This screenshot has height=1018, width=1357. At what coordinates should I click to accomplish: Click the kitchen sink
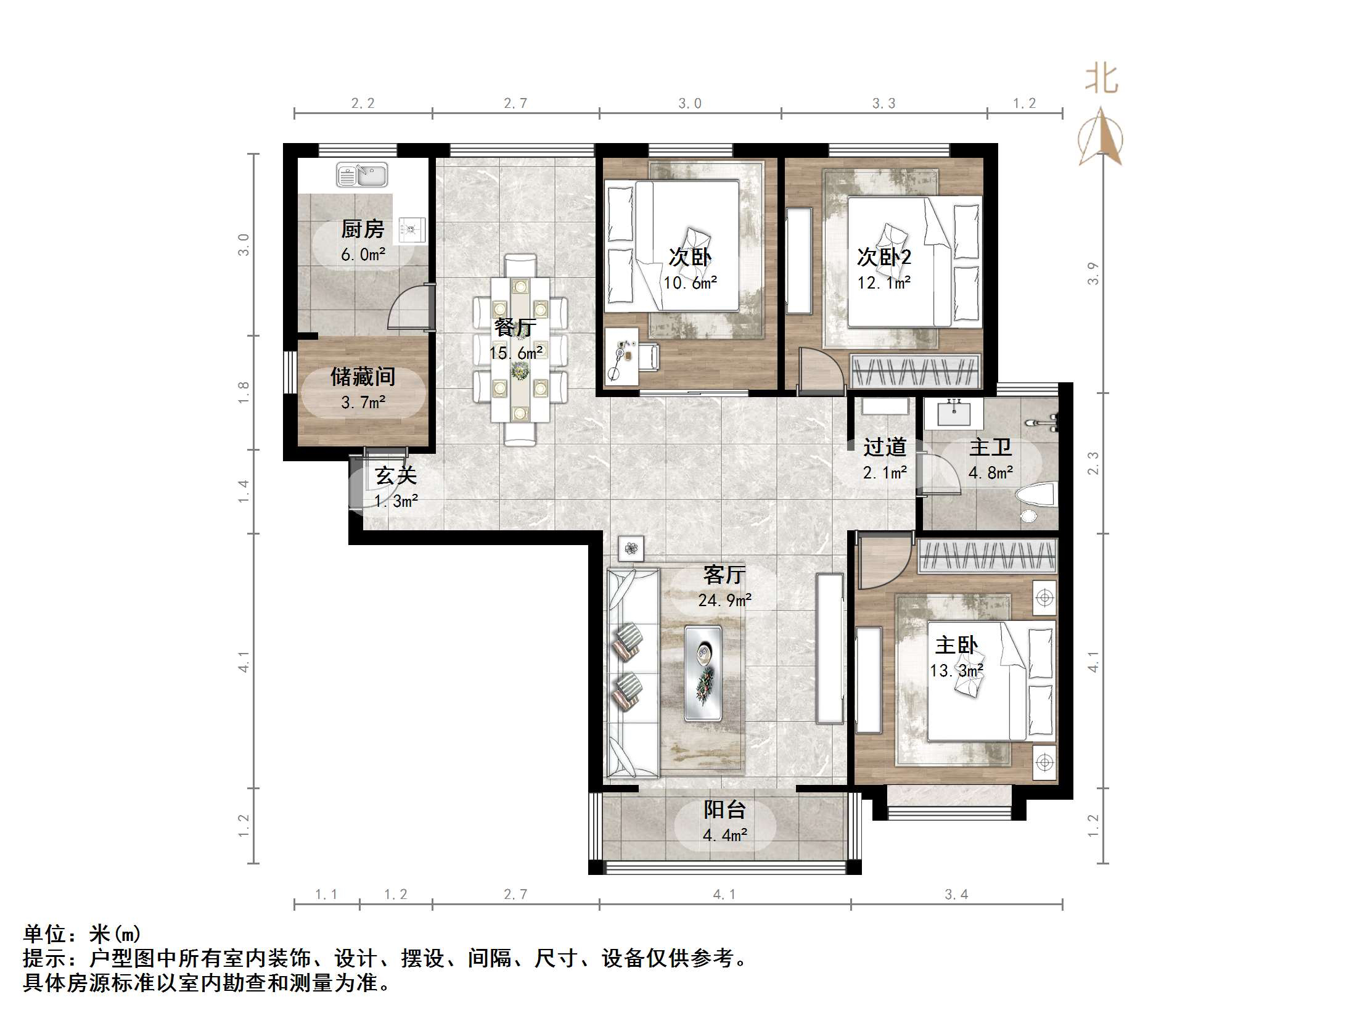tap(362, 175)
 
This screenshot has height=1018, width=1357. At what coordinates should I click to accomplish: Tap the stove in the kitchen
tap(411, 230)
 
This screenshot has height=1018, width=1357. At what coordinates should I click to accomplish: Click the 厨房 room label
tap(363, 229)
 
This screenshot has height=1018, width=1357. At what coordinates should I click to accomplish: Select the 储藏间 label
tap(363, 376)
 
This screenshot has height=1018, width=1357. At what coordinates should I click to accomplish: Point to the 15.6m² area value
tap(516, 353)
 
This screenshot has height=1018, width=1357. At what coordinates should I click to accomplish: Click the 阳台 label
tap(725, 810)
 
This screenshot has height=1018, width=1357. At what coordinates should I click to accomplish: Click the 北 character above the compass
tap(1101, 80)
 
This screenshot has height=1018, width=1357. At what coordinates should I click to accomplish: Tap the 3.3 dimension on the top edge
tap(883, 103)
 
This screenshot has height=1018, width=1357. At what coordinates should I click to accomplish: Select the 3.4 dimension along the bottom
tap(956, 894)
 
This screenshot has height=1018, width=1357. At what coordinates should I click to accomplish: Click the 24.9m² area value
tap(724, 600)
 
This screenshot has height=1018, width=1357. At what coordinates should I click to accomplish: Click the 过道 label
tap(885, 447)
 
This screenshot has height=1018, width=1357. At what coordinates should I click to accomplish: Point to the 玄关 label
tap(396, 475)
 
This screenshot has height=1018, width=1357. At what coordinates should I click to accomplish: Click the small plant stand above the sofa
tap(631, 548)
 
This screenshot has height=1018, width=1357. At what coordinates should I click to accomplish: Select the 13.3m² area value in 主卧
tap(956, 670)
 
